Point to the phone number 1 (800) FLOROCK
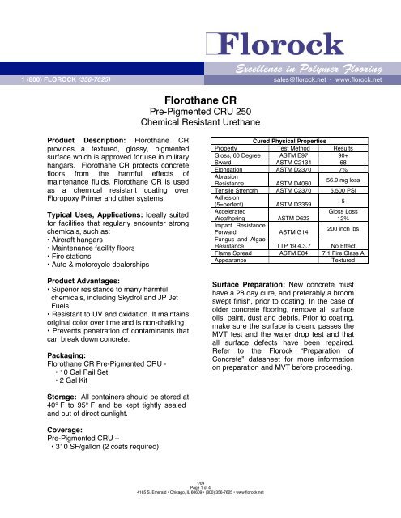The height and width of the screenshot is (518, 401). [x=61, y=79]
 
